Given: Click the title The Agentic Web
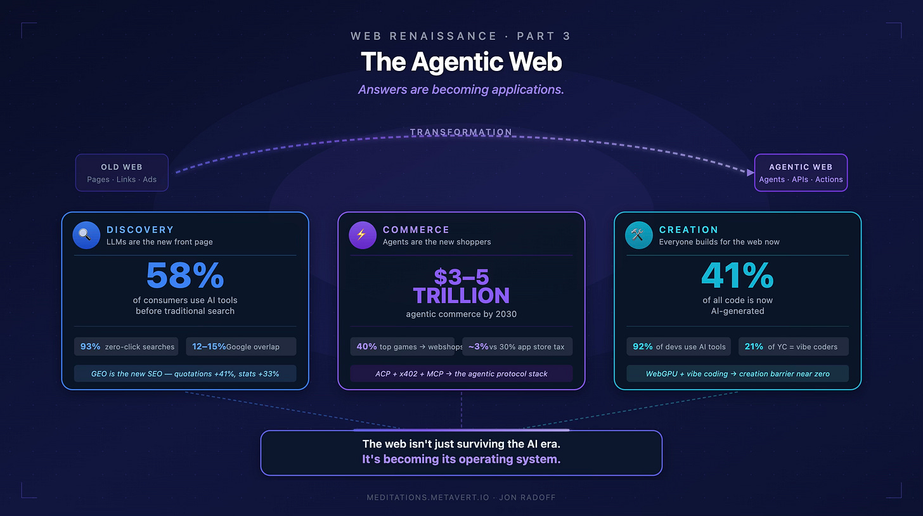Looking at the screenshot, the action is coord(461,62).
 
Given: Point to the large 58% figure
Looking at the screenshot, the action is coord(184,275).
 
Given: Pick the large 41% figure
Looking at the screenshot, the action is coord(737,275).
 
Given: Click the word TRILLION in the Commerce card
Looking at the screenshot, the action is coord(461,295).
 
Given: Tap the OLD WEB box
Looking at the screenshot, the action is coord(122,172).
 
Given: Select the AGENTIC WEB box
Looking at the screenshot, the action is coord(801,172).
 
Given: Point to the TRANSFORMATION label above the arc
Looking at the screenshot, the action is coord(461,132).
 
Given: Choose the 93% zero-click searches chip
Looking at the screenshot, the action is coord(127,347).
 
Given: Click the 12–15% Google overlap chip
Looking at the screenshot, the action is coord(241,347).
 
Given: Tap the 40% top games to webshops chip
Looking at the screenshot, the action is coord(402,347).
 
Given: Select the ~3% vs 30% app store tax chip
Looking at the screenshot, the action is coord(517,347).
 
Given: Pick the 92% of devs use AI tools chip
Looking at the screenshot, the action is coord(678,347).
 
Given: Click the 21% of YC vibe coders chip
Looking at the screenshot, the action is coord(793,347).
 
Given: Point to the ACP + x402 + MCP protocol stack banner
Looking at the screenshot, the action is coord(461,373).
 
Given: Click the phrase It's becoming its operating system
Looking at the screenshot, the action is coord(461,459).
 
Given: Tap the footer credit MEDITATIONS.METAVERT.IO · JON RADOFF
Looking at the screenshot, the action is coord(461,498).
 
